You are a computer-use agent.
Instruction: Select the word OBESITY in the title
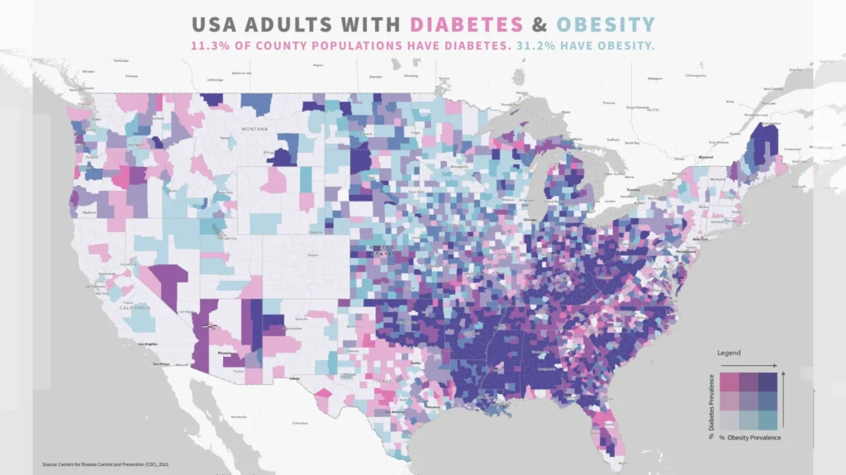606,25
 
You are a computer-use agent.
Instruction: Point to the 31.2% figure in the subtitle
534,45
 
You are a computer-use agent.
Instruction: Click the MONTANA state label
255,130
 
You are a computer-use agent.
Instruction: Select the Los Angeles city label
146,344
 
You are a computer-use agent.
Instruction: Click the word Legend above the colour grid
728,353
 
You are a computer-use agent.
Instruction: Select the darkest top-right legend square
767,382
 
